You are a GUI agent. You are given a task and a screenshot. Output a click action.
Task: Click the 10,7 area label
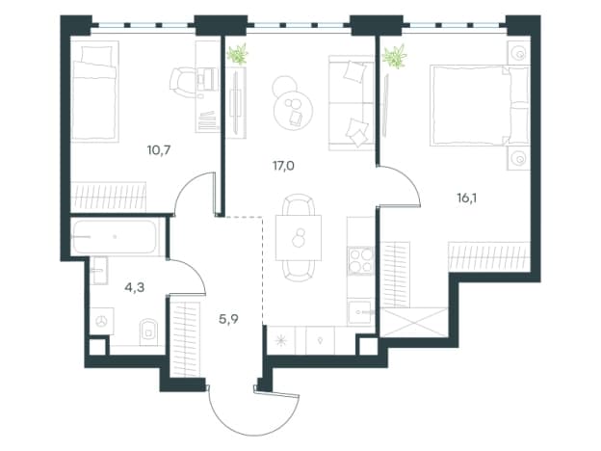tap(159, 150)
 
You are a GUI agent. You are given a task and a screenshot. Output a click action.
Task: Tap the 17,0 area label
tap(283, 166)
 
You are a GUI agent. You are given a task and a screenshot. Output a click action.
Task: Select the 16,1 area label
tap(467, 199)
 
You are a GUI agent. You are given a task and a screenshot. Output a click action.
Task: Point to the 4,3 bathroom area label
tap(135, 287)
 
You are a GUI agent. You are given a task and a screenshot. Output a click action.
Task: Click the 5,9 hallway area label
tap(228, 319)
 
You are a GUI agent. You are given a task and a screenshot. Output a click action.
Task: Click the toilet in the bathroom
tap(148, 330)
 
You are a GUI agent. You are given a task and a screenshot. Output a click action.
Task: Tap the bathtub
tap(115, 237)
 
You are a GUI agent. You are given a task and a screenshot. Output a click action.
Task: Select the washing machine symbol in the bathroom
tap(102, 321)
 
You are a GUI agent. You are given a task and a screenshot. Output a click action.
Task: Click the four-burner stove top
tap(360, 261)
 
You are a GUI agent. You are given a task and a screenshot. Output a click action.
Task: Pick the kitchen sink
tap(360, 312)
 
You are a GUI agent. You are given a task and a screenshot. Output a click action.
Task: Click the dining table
tap(299, 238)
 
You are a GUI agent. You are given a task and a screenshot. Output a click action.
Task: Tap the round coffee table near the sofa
tap(293, 110)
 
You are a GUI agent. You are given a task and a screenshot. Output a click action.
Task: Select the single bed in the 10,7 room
tap(94, 92)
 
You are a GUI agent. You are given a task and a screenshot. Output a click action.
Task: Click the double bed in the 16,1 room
tap(480, 105)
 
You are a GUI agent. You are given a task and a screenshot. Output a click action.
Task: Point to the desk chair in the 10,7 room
tap(183, 82)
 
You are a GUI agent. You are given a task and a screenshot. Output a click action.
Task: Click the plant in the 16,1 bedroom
tap(395, 57)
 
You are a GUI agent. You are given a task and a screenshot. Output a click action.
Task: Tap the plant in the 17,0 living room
tap(238, 54)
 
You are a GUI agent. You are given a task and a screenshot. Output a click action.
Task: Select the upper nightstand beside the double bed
tap(519, 53)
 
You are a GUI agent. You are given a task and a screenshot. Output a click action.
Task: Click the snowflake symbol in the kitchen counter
tap(281, 340)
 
